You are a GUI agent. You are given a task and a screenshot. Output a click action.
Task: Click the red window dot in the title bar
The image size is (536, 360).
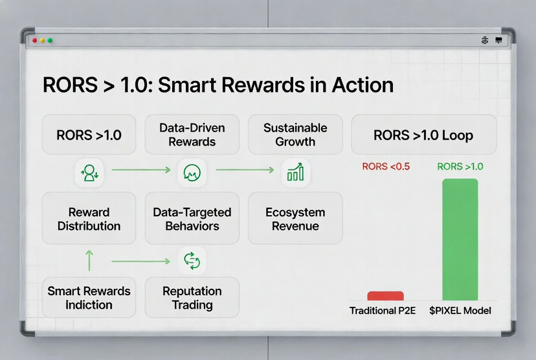[34, 40]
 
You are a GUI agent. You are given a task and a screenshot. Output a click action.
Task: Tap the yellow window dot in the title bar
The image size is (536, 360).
[42, 40]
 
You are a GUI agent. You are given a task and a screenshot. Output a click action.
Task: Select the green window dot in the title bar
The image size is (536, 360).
[50, 40]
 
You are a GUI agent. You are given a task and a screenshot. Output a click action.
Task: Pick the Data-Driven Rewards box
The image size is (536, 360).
[192, 135]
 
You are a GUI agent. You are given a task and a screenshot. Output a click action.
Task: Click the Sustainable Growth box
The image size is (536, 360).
[295, 135]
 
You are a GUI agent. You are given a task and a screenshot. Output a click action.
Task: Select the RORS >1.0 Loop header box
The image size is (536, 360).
[423, 135]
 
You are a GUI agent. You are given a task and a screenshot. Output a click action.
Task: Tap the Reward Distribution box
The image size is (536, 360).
[89, 218]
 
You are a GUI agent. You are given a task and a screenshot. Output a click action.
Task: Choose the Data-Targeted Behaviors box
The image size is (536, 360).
[192, 218]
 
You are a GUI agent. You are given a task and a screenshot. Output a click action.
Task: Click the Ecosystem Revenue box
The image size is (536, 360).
[295, 218]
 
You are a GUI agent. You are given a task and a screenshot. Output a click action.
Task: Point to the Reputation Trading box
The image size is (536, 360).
[192, 297]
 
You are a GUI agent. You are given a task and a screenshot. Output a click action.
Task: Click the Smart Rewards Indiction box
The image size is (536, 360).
[89, 297]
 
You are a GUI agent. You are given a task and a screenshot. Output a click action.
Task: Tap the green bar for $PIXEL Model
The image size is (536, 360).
[460, 240]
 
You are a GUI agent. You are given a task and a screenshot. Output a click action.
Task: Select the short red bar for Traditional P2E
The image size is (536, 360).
[386, 296]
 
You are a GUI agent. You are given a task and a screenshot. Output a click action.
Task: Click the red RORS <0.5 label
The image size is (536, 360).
[386, 166]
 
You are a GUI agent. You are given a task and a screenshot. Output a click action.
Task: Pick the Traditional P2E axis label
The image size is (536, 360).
[383, 310]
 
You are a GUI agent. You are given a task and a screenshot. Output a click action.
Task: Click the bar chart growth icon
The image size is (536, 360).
[295, 172]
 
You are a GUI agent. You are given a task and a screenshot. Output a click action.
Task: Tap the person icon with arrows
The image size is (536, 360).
[89, 173]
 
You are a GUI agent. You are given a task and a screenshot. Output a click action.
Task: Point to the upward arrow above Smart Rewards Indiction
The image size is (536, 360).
[89, 260]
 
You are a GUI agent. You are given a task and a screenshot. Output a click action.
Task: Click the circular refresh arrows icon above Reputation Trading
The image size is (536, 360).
[192, 261]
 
